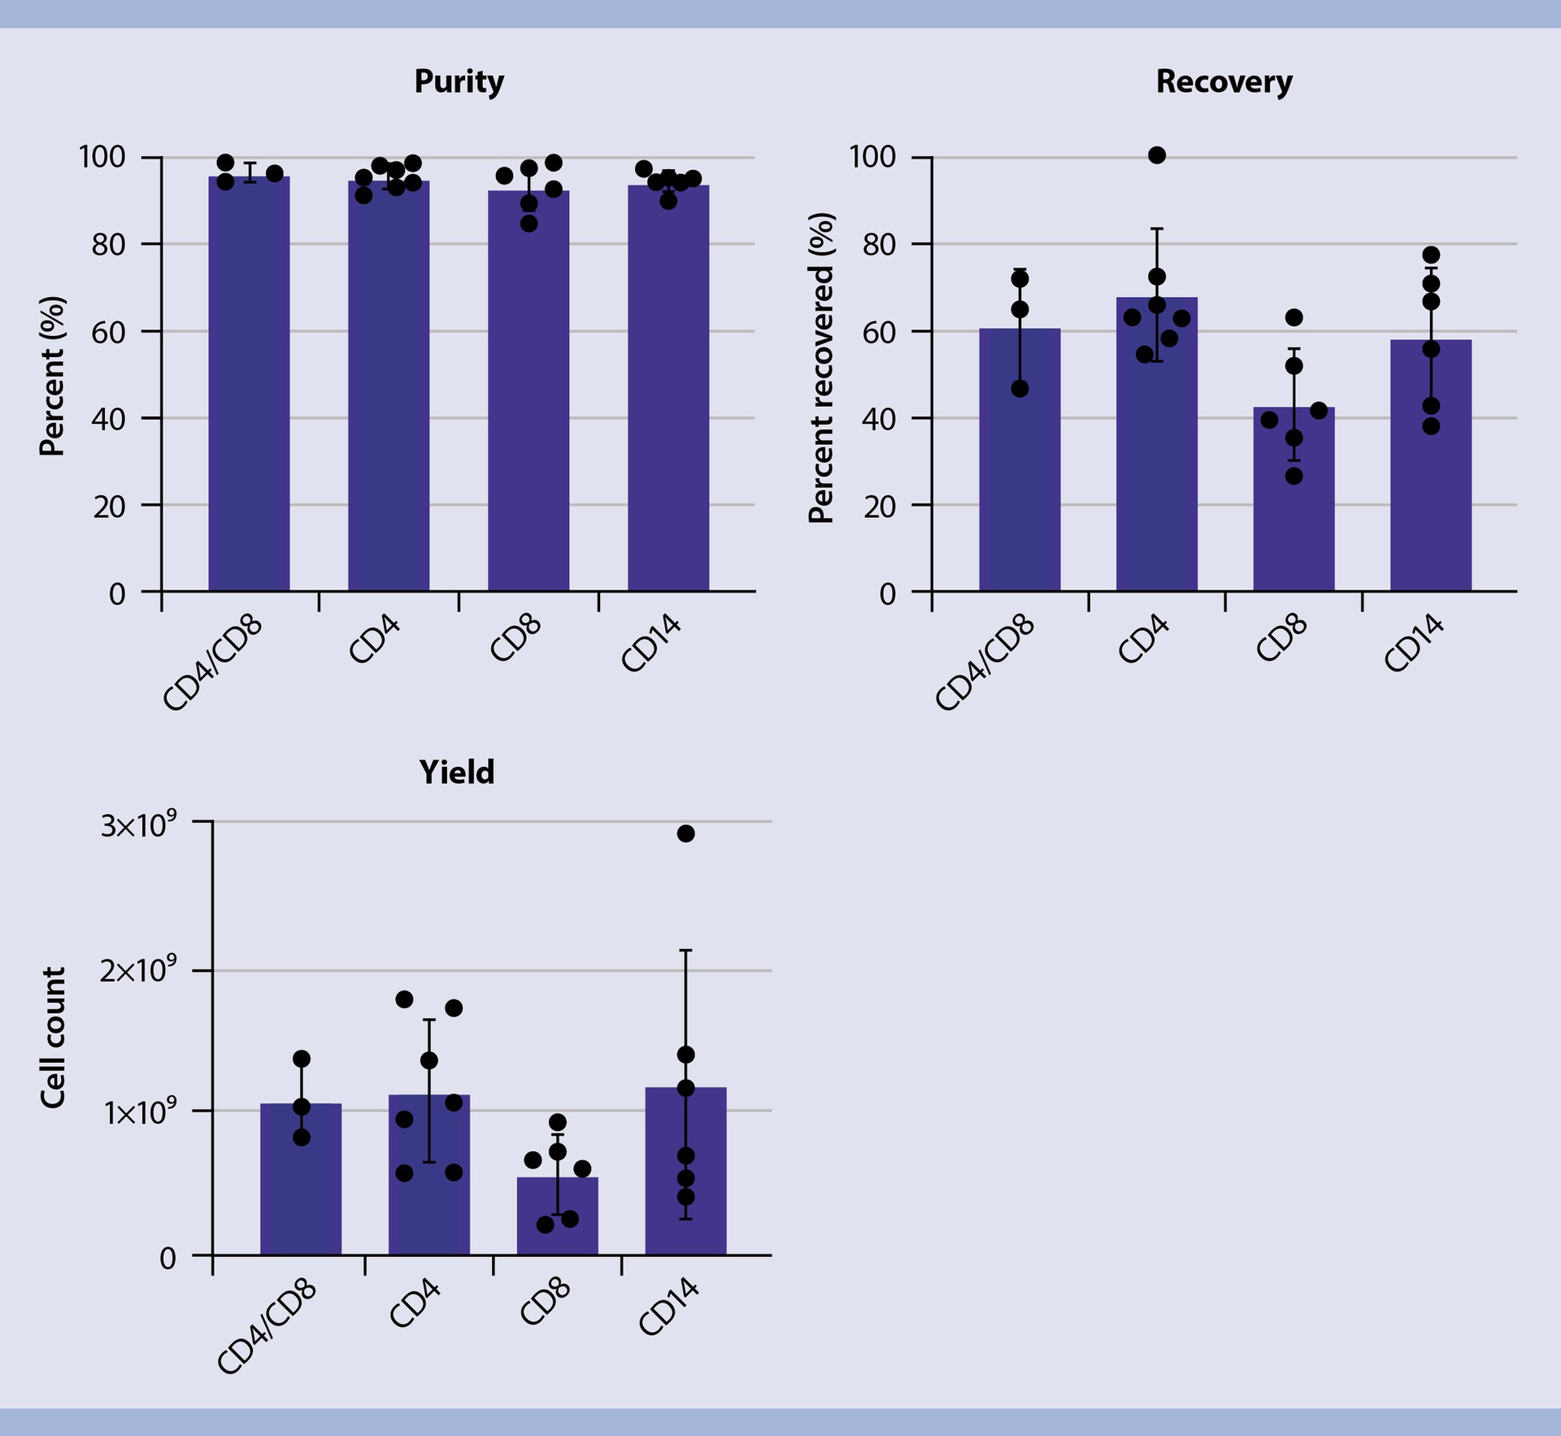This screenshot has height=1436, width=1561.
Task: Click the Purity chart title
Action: pyautogui.click(x=459, y=82)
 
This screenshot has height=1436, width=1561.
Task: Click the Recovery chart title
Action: pyautogui.click(x=1224, y=82)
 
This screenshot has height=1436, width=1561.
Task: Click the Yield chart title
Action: pyautogui.click(x=456, y=772)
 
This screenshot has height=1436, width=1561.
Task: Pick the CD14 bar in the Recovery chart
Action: pyautogui.click(x=1430, y=488)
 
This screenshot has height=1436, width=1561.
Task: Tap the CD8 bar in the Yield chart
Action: pyautogui.click(x=557, y=1220)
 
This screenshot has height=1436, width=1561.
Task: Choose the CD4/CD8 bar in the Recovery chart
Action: pyautogui.click(x=1020, y=472)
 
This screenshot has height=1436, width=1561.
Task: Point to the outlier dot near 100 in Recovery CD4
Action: pyautogui.click(x=1157, y=155)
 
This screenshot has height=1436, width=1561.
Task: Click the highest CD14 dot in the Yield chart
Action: pyautogui.click(x=685, y=833)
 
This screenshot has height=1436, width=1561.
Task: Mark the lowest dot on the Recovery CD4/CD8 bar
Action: pyautogui.click(x=1020, y=389)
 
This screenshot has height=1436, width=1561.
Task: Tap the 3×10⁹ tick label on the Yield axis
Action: pyautogui.click(x=138, y=826)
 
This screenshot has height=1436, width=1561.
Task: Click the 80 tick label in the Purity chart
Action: pyautogui.click(x=108, y=245)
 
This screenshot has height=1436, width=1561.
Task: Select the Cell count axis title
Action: pyautogui.click(x=53, y=1038)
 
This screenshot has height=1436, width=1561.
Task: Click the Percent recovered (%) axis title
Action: pyautogui.click(x=823, y=368)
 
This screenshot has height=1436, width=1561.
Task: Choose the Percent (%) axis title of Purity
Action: pyautogui.click(x=53, y=376)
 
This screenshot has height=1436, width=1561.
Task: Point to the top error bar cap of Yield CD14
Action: pyautogui.click(x=685, y=950)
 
